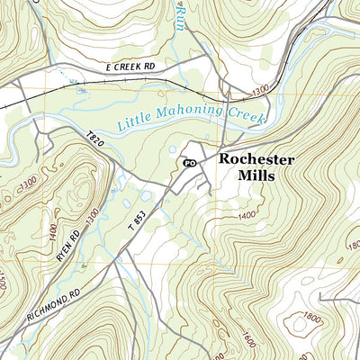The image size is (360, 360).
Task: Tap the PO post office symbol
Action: pos(189,163)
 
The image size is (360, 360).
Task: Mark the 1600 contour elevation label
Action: pos(246,340)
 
